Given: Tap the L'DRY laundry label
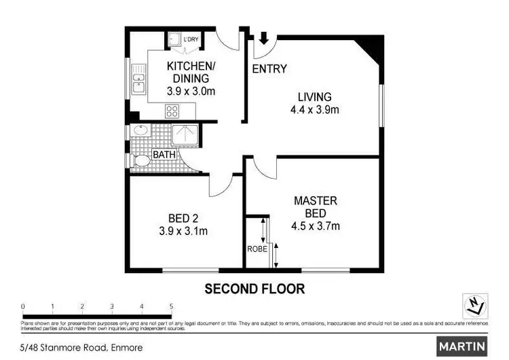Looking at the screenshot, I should click(x=191, y=39).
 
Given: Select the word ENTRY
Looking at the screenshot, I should click(x=269, y=69).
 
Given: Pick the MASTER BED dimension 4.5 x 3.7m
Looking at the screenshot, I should click(x=316, y=226).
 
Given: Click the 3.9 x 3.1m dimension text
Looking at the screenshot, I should click(x=183, y=231).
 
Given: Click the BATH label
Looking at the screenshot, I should click(x=164, y=155).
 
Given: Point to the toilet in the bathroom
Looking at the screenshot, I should click(x=140, y=162).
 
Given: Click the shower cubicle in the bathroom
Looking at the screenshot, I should click(x=183, y=134).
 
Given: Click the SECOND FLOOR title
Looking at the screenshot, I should click(x=254, y=289).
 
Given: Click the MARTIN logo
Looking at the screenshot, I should click(x=462, y=346).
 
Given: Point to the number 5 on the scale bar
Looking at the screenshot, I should click(x=172, y=306).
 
